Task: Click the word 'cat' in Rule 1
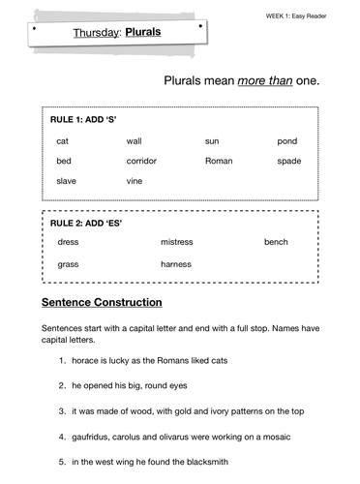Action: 63,141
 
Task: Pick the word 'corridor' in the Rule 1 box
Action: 141,161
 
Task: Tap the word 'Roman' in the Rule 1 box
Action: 219,161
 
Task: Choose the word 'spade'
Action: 289,161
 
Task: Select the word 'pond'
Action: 287,141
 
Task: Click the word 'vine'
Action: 135,181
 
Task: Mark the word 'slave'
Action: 67,181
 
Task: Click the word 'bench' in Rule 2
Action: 276,242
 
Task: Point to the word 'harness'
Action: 176,263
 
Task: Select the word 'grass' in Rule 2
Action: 69,263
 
